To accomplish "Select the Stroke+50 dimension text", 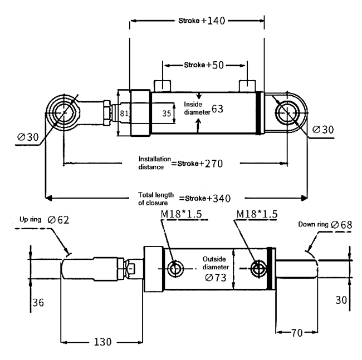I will click(x=204, y=65).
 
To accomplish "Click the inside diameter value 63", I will click(x=217, y=109).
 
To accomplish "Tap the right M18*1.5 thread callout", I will click(x=257, y=214).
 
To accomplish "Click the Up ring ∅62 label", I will click(x=44, y=220).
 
